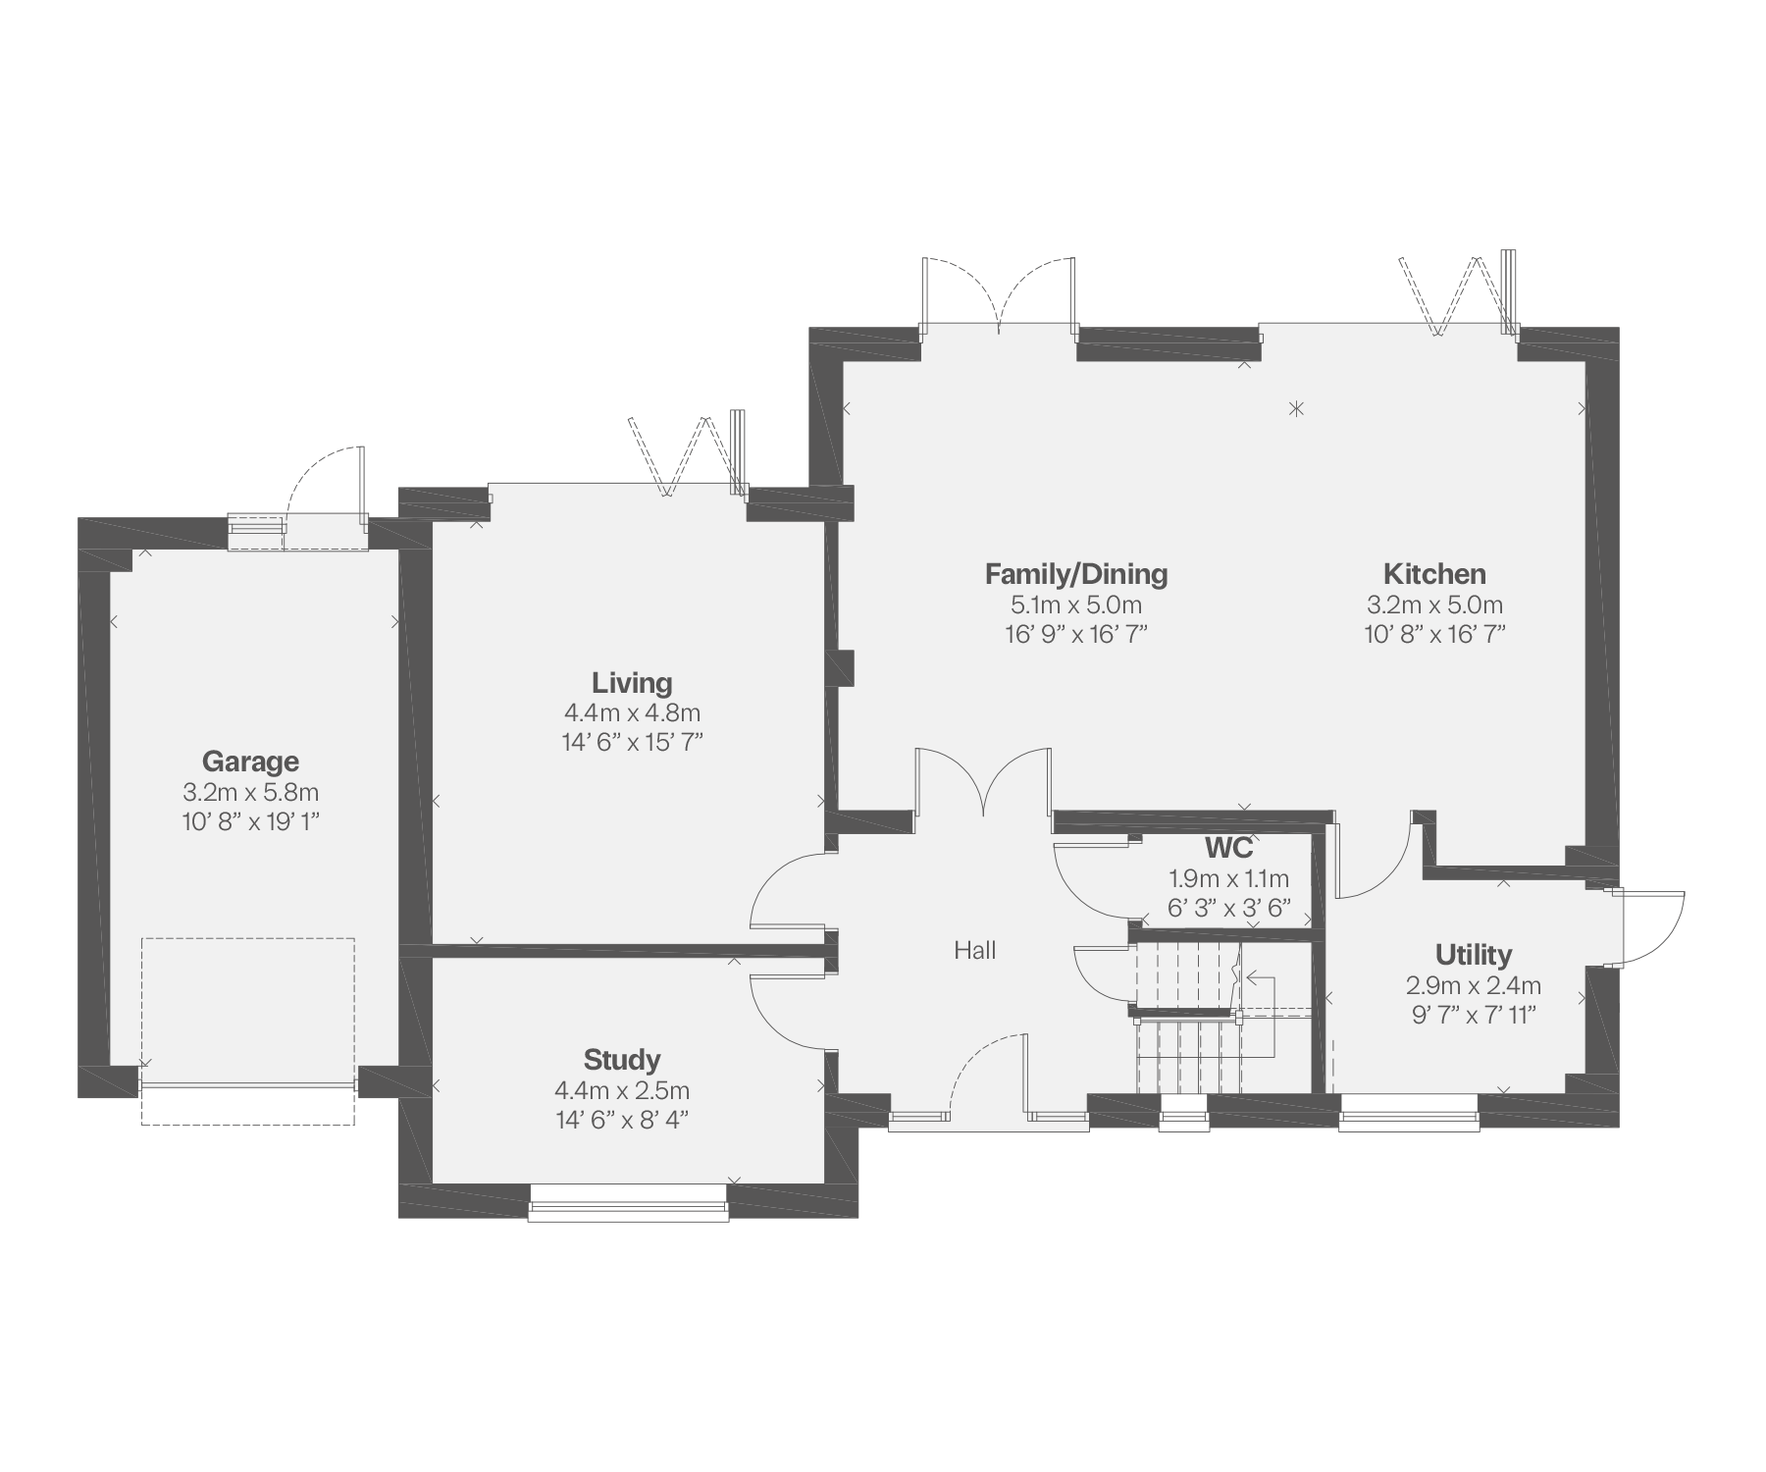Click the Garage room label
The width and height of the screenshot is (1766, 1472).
[x=250, y=762]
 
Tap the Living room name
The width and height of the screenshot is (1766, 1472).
[x=632, y=683]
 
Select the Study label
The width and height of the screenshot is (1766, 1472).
[x=622, y=1060]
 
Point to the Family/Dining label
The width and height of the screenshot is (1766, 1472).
[x=1076, y=574]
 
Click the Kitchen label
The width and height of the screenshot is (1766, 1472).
[x=1434, y=574]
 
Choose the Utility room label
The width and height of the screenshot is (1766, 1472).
[x=1474, y=955]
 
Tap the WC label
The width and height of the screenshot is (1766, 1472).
[x=1228, y=848]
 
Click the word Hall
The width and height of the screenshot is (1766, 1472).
[x=975, y=950]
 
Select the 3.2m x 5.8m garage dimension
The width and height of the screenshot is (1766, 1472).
[x=250, y=792]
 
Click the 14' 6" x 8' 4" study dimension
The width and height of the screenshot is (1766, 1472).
[x=622, y=1120]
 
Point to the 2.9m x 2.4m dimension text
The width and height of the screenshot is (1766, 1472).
[x=1474, y=985]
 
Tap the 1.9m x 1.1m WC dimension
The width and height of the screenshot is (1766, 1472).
[x=1228, y=879]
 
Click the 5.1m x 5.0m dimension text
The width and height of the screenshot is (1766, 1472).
[x=1076, y=605]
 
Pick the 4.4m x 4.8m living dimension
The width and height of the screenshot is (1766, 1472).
[x=632, y=713]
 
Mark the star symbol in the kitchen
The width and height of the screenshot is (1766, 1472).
[x=1297, y=408]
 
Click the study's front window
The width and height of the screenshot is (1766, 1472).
[x=628, y=1202]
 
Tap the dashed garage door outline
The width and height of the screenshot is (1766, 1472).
[x=248, y=1030]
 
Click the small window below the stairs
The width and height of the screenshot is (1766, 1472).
[x=1183, y=1113]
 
